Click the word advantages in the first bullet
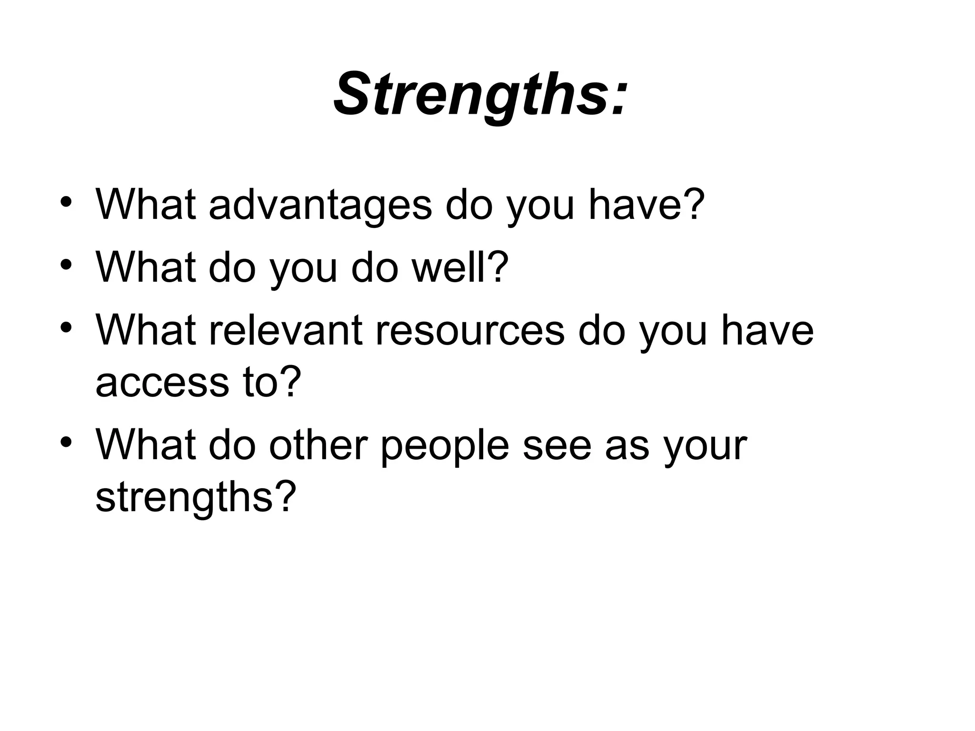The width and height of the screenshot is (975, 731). point(320,206)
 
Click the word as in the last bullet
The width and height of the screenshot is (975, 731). point(627,446)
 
